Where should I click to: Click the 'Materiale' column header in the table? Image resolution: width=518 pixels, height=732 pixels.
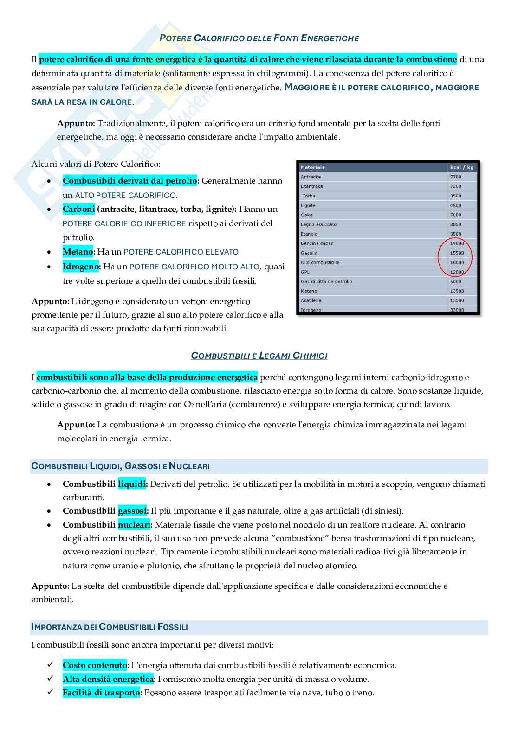point(313,167)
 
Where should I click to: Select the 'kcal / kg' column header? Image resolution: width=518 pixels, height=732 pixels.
point(461,167)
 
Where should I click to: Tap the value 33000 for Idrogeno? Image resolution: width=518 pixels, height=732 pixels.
point(457,310)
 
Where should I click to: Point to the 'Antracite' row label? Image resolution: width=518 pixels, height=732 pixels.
point(311,177)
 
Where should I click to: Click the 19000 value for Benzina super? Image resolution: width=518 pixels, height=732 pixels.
point(457,243)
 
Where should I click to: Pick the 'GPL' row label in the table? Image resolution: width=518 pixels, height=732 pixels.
point(305,272)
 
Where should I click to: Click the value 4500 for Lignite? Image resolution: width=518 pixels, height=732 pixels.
point(455,205)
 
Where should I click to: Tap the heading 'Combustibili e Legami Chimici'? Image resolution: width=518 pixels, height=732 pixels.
point(259,356)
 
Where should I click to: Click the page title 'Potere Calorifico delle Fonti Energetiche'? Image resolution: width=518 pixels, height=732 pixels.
point(259,38)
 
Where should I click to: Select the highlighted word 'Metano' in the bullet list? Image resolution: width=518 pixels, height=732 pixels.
point(78,252)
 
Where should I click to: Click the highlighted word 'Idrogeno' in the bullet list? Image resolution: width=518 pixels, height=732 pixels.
point(81,267)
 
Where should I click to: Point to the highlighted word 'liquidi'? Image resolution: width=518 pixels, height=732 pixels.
point(132,484)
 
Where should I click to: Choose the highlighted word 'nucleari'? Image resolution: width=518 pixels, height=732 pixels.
point(134,525)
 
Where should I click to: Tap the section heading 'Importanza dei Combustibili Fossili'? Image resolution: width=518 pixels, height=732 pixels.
point(110,627)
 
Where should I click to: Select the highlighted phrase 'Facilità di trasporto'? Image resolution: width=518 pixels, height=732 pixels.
point(101,693)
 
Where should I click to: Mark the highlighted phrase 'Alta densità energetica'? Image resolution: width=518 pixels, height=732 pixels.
point(108,679)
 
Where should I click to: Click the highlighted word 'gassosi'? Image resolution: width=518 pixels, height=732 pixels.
point(132,511)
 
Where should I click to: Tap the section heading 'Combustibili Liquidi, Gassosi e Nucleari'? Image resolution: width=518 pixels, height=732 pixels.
point(120,466)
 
